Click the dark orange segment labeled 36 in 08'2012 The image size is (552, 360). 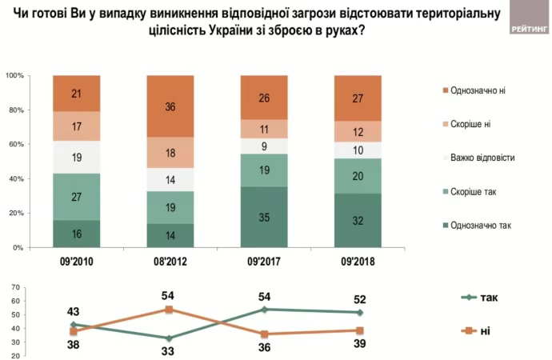click(x=170, y=106)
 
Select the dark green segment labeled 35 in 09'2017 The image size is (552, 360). click(x=264, y=218)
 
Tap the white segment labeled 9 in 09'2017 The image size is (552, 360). click(x=264, y=146)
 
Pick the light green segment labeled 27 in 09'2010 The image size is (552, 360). click(x=76, y=196)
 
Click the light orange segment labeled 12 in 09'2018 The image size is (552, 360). click(x=358, y=131)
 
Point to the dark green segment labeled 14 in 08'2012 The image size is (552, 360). click(x=170, y=235)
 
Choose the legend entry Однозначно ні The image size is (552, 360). click(x=478, y=90)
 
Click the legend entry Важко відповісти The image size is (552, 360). click(x=482, y=158)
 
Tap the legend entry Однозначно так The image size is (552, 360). click(x=480, y=226)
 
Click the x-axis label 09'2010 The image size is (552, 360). click(x=76, y=262)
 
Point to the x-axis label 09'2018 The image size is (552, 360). click(x=358, y=262)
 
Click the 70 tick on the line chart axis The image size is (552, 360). click(x=17, y=288)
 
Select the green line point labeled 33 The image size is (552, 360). click(x=169, y=338)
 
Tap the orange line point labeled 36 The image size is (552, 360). click(x=264, y=334)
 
